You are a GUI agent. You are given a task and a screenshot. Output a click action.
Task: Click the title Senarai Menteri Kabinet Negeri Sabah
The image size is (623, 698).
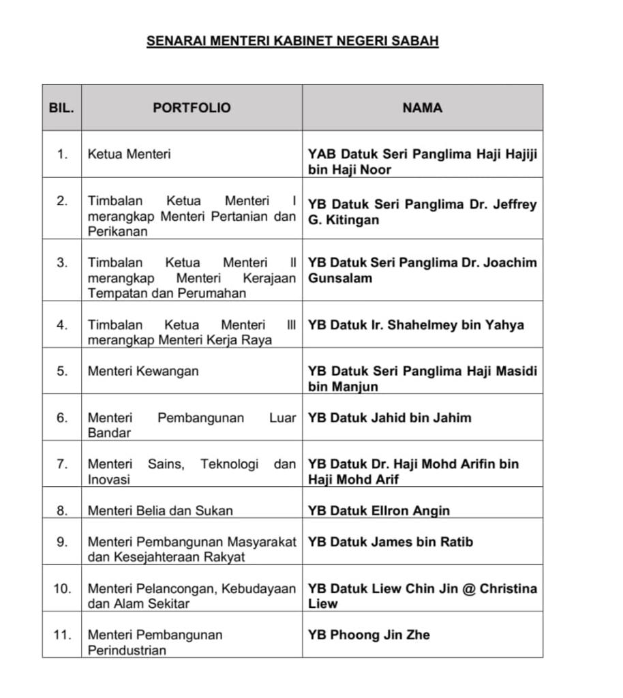[292, 41]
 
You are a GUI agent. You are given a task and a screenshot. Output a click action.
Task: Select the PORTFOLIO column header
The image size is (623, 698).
[192, 108]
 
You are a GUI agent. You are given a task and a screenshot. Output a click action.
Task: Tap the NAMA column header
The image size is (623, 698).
[422, 108]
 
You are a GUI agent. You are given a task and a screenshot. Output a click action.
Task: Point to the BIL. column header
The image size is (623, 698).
[61, 108]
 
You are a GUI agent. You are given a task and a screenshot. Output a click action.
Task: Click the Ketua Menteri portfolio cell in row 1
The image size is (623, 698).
[129, 154]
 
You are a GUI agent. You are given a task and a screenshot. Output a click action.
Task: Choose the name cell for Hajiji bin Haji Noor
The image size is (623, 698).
[422, 162]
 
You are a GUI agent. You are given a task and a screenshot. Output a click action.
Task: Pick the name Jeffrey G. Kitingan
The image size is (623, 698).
[422, 212]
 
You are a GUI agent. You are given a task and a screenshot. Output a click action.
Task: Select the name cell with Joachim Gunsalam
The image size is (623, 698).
[422, 270]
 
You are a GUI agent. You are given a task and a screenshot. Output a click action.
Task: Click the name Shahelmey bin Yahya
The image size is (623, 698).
[416, 325]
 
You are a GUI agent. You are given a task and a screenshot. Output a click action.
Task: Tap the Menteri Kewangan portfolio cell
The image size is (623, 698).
[143, 371]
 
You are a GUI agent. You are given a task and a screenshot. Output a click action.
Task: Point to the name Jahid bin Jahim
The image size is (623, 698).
[389, 418]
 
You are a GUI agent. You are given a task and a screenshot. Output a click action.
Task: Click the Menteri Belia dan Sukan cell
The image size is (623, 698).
[160, 511]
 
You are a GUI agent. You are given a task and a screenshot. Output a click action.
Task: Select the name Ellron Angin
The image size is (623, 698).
[379, 511]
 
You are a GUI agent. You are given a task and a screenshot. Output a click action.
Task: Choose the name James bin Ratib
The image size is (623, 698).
[390, 542]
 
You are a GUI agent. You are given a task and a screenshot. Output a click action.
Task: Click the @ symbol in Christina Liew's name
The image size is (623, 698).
[468, 588]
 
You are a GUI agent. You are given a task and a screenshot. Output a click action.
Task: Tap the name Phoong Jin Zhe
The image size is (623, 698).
[369, 635]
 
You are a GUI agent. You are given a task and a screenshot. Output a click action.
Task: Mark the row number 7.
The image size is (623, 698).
[62, 464]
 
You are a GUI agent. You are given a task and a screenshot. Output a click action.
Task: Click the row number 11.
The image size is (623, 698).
[62, 635]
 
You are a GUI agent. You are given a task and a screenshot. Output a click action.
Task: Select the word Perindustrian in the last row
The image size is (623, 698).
[127, 650]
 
